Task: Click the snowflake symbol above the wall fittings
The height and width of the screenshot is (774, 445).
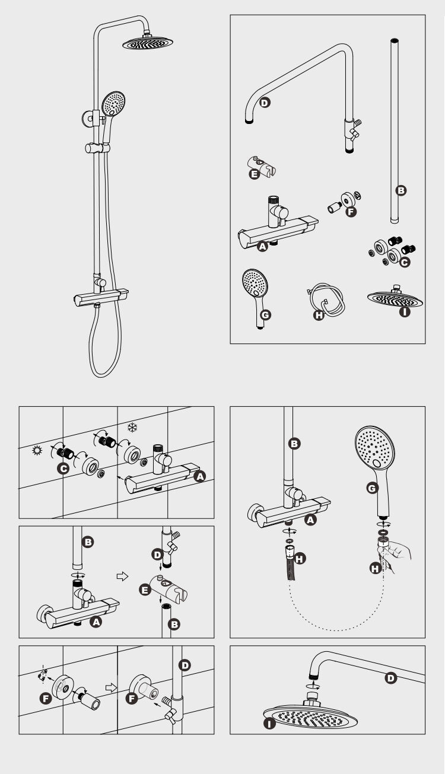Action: click(x=132, y=428)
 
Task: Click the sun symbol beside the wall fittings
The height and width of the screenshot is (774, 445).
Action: click(x=36, y=450)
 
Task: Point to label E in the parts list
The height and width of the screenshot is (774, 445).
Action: click(x=254, y=174)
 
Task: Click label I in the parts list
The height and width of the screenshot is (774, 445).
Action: click(x=404, y=311)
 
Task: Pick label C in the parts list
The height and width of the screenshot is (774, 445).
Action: click(x=404, y=262)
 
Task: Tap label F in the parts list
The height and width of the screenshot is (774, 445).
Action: click(x=351, y=212)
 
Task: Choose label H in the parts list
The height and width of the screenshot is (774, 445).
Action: click(x=319, y=315)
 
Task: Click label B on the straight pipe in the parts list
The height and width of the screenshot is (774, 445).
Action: click(x=401, y=190)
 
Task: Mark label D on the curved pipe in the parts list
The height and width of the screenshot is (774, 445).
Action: click(x=265, y=103)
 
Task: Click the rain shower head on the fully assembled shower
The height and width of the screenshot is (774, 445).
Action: click(x=148, y=43)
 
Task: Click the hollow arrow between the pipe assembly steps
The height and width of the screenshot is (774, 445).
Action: click(x=122, y=576)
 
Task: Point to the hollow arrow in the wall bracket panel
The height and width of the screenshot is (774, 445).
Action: click(x=111, y=687)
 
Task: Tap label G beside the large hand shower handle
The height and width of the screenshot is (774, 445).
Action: click(x=372, y=488)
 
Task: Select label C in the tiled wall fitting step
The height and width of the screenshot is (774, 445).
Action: click(x=63, y=469)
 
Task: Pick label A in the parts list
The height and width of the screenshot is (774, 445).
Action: click(x=262, y=246)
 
